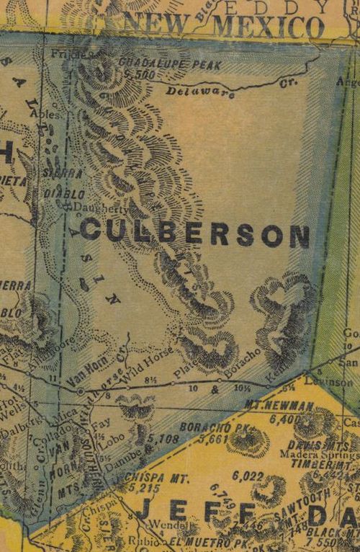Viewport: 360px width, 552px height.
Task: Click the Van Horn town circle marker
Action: point(80,391)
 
